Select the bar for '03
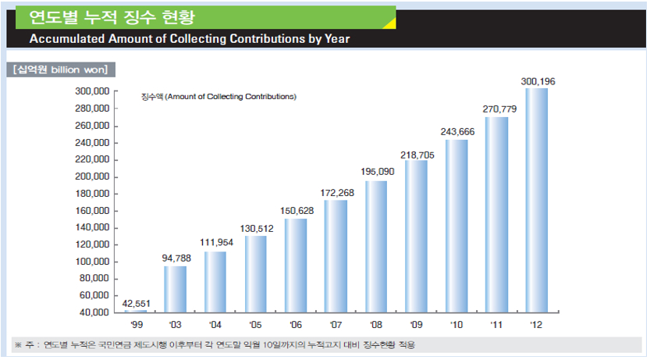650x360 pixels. coord(175,289)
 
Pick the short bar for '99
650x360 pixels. coord(135,311)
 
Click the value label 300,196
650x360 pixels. coord(538,81)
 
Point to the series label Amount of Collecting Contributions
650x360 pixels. coord(230,97)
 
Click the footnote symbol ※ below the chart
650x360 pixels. coord(19,344)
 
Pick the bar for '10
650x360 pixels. coord(456,226)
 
